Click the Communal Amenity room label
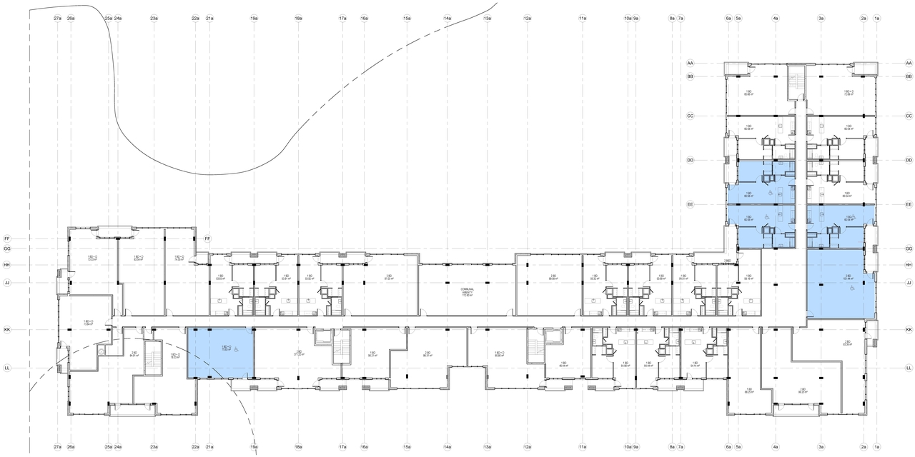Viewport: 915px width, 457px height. point(466,291)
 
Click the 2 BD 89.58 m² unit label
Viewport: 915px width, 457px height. point(553,278)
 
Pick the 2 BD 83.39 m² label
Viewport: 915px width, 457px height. point(846,343)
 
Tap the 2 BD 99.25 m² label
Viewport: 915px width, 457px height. point(802,391)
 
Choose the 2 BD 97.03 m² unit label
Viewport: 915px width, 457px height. point(388,278)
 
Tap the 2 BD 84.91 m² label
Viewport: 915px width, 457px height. point(134,354)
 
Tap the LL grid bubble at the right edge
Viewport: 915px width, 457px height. point(909,368)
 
